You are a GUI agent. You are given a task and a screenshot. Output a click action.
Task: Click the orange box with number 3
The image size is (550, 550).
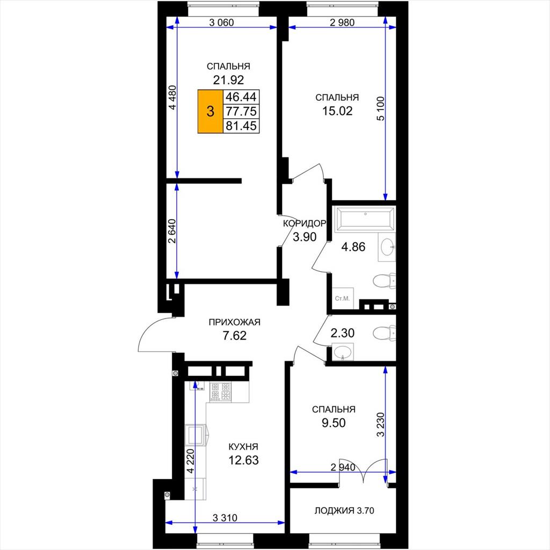(211, 112)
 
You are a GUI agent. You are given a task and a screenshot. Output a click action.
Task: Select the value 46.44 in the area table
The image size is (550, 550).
(241, 97)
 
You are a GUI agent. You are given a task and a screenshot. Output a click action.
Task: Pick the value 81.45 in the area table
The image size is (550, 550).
(241, 126)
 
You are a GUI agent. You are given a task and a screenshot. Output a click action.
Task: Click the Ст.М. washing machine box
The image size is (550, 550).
(343, 299)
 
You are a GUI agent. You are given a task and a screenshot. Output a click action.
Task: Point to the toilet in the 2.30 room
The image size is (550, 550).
(384, 333)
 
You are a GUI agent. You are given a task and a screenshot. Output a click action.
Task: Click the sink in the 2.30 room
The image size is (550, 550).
(343, 352)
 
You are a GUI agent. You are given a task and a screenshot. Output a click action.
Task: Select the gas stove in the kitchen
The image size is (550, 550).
(221, 392)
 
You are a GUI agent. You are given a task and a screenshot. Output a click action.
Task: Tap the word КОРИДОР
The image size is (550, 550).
(305, 223)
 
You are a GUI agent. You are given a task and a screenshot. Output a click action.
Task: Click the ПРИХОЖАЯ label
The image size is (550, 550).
(234, 322)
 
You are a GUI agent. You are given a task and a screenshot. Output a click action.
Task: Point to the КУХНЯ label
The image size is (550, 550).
(243, 446)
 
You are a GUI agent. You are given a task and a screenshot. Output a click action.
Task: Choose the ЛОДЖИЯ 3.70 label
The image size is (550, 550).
(344, 511)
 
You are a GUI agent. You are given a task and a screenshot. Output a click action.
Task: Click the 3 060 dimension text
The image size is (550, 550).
(221, 23)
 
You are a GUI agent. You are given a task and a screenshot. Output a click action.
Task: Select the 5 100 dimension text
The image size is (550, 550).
(381, 108)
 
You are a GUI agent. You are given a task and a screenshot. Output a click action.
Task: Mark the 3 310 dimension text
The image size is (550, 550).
(225, 517)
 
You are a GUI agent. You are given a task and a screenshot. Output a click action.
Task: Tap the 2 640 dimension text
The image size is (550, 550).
(171, 231)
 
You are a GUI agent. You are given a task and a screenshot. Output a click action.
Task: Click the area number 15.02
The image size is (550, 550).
(337, 111)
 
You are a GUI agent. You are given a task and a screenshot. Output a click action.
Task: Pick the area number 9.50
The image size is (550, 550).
(334, 423)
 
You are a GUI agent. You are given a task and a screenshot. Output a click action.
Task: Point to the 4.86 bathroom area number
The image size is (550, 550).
(353, 247)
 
